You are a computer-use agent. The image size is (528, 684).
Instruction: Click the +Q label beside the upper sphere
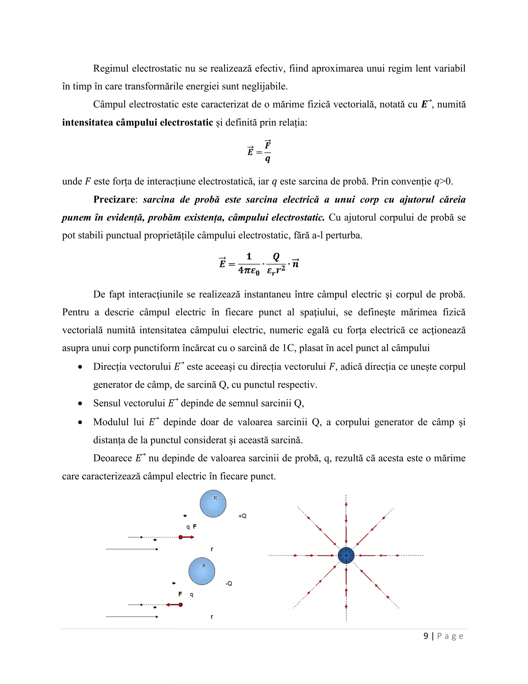click(242, 516)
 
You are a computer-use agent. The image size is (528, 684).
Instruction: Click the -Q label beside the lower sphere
click(229, 584)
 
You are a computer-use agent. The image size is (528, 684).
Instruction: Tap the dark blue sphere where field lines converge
click(346, 555)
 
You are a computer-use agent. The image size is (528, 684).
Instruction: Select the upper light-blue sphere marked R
click(213, 504)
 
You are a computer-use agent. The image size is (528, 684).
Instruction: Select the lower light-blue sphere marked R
click(202, 571)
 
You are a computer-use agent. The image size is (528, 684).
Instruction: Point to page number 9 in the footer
click(426, 636)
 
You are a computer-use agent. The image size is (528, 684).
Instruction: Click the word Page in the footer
click(450, 636)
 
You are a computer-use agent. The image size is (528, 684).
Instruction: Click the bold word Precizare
click(114, 200)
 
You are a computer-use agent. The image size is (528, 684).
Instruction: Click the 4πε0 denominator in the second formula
click(249, 270)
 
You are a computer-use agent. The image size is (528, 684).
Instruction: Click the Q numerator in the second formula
click(276, 257)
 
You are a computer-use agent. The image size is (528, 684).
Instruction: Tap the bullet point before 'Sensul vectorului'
click(80, 404)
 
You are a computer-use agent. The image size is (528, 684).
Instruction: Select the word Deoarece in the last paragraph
click(113, 458)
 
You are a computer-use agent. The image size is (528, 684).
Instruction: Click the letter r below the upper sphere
click(212, 549)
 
